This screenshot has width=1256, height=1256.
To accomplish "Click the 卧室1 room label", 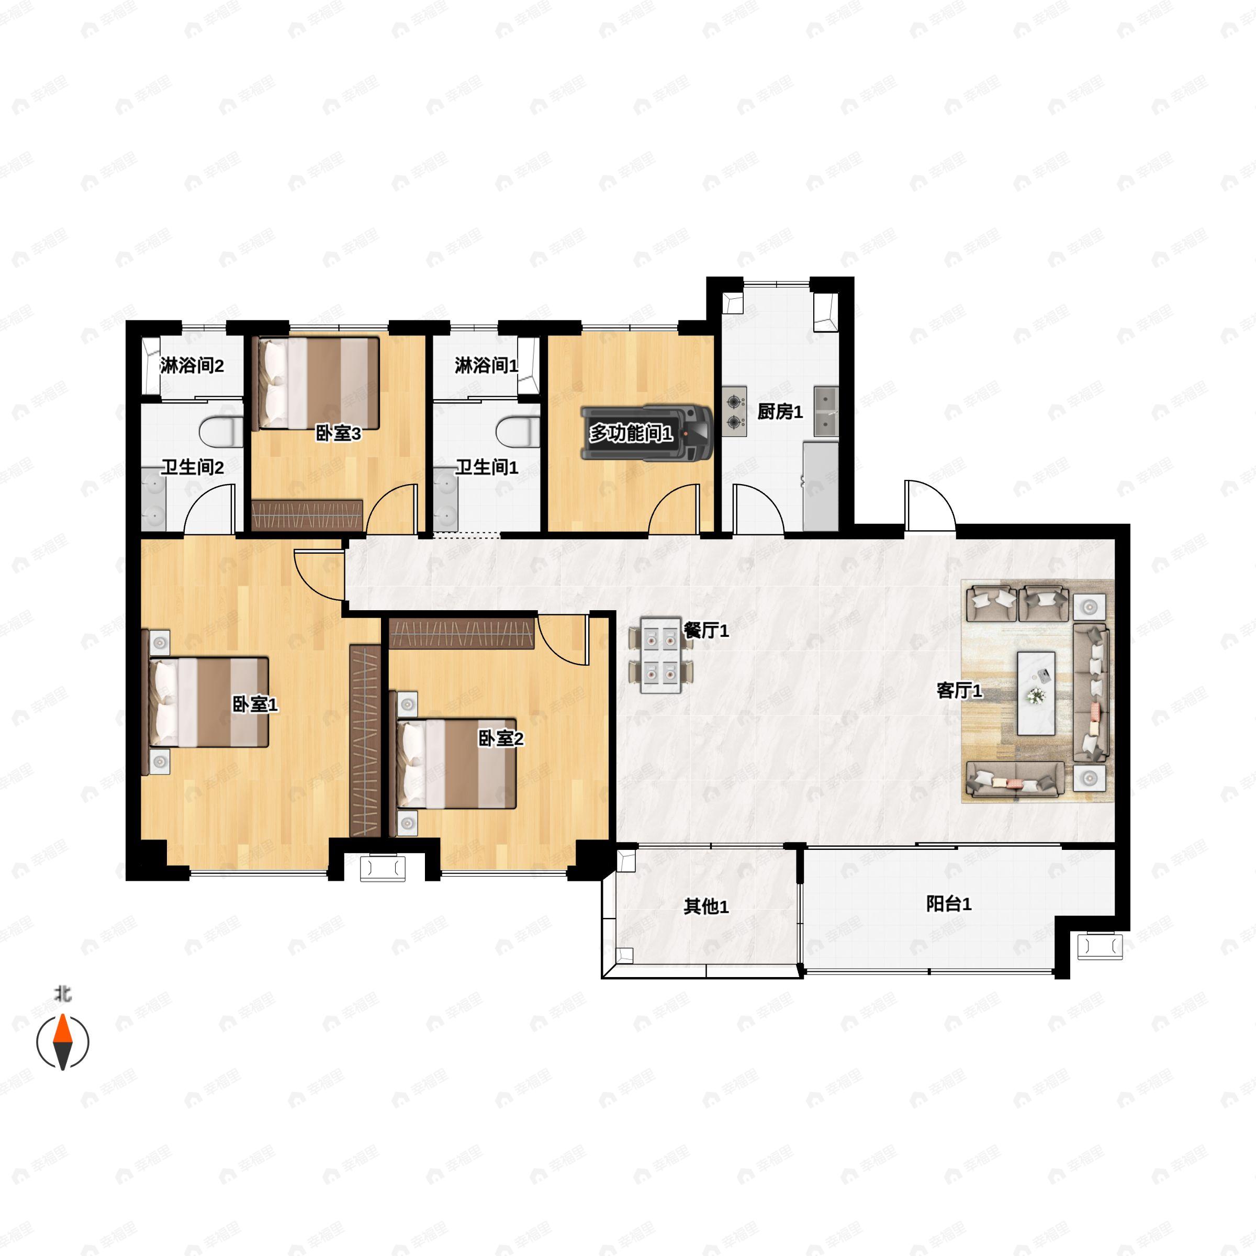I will tap(255, 704).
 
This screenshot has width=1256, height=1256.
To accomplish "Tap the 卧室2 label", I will tap(501, 738).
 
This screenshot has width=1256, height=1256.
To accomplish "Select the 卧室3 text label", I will tap(338, 433).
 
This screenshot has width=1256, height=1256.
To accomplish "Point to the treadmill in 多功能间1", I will tap(646, 433).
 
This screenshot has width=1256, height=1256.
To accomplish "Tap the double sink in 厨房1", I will tap(826, 411).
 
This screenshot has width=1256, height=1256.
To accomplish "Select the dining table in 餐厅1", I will tap(660, 655).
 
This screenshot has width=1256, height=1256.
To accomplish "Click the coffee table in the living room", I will tap(1036, 693).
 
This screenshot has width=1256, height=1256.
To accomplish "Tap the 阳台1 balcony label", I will tap(948, 904).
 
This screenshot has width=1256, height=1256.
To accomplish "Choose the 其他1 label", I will tap(705, 906).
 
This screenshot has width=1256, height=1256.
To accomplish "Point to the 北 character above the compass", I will tap(62, 994).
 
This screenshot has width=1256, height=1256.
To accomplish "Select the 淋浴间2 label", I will tap(192, 365).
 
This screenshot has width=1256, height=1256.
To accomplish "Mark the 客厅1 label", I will tap(959, 690).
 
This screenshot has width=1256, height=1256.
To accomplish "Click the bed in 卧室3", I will tap(319, 383).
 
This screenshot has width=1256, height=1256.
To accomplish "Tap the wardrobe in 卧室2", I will tap(462, 634).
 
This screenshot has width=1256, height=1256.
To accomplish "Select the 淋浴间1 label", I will tap(486, 365).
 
